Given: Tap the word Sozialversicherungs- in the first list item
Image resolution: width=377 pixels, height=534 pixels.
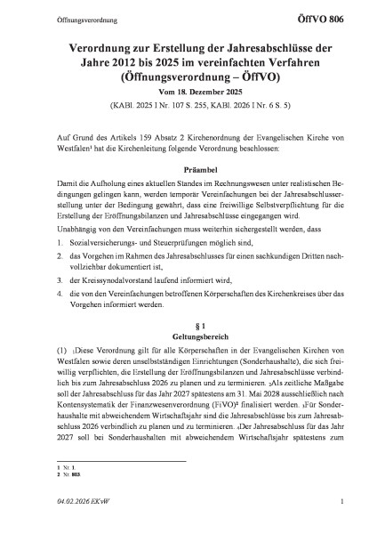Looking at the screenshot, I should [x=99, y=243].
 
